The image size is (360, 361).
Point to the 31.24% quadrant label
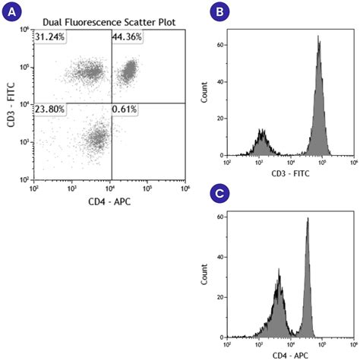(50, 36)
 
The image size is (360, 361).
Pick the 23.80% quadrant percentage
(50, 109)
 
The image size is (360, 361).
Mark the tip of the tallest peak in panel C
(308, 219)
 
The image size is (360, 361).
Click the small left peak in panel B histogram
(262, 131)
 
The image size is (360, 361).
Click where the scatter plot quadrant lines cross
(111, 103)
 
